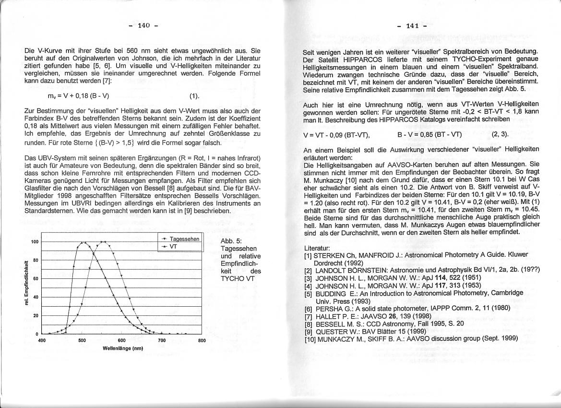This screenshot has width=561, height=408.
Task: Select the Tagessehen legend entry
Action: pyautogui.click(x=185, y=239)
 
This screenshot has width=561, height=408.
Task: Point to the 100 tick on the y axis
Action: pyautogui.click(x=35, y=242)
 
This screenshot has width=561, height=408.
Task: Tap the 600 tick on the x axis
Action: pyautogui.click(x=121, y=340)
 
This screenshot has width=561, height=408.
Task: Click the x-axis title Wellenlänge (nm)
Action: pyautogui.click(x=123, y=348)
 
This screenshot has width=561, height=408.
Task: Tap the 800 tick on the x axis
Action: pyautogui.click(x=202, y=340)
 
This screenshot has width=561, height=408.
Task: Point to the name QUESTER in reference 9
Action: pyautogui.click(x=332, y=331)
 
